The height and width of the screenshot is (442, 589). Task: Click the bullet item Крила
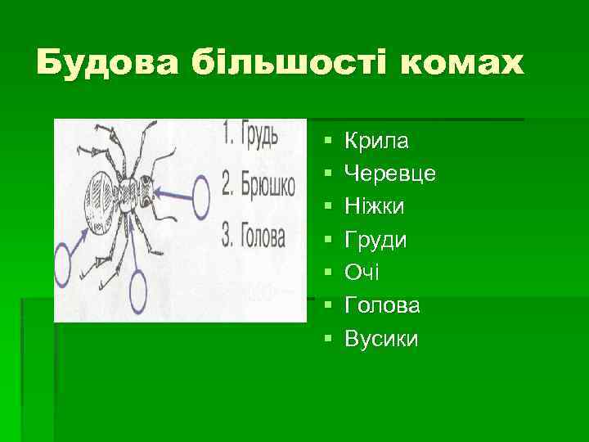[376, 142]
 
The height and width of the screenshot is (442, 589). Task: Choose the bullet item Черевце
[390, 174]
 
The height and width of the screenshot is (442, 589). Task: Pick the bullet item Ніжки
[374, 207]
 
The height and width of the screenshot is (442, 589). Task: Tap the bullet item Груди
[375, 240]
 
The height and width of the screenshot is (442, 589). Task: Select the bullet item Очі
[361, 273]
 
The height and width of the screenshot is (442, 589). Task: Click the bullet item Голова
[383, 305]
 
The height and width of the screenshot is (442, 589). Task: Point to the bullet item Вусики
[381, 338]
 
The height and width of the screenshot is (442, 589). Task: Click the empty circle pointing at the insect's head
[202, 195]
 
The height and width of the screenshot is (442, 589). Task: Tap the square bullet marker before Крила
[326, 142]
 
